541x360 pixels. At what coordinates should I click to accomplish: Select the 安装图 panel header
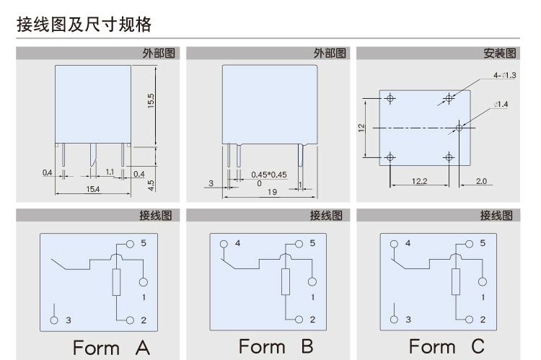pyautogui.click(x=499, y=53)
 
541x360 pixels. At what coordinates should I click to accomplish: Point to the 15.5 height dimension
pyautogui.click(x=151, y=102)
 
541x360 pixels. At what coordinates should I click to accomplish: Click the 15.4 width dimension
pyautogui.click(x=92, y=189)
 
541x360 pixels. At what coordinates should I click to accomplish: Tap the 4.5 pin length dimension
pyautogui.click(x=151, y=185)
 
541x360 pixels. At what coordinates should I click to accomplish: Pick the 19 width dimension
pyautogui.click(x=272, y=192)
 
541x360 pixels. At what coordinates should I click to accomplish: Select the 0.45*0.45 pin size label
pyautogui.click(x=269, y=175)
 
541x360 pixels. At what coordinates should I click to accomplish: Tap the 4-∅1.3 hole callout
pyautogui.click(x=505, y=76)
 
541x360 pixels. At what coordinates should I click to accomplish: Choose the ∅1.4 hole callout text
pyautogui.click(x=501, y=105)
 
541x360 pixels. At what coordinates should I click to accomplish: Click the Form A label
pyautogui.click(x=111, y=348)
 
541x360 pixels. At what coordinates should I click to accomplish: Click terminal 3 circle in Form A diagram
pyautogui.click(x=54, y=319)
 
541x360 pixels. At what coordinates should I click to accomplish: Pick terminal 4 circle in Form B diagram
pyautogui.click(x=224, y=243)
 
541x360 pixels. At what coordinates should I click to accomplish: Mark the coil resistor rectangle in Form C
pyautogui.click(x=455, y=282)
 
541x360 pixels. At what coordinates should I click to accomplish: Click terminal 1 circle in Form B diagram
pyautogui.click(x=313, y=281)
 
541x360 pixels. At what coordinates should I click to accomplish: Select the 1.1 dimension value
pyautogui.click(x=110, y=172)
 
